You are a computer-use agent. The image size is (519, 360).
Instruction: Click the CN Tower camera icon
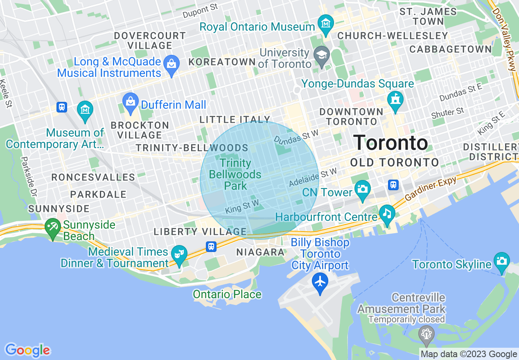[362, 189]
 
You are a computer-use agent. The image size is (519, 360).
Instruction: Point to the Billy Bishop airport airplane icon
[320, 281]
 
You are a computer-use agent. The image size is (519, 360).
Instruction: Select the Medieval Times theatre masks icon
[179, 254]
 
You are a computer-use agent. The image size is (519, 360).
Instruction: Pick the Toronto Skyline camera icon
[501, 261]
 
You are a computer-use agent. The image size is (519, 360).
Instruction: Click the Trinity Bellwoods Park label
[235, 174]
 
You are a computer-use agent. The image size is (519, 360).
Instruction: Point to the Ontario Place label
[227, 294]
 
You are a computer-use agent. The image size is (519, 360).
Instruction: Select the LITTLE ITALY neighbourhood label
[235, 119]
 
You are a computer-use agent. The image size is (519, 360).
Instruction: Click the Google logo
[27, 350]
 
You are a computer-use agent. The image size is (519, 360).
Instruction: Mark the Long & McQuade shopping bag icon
[171, 64]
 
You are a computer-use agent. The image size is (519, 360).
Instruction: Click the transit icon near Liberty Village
[211, 246]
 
